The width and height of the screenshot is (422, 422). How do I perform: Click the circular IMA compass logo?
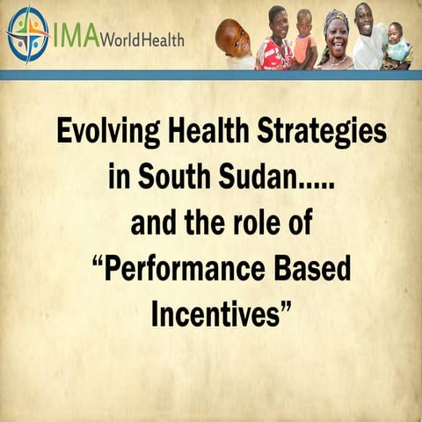(x=26, y=34)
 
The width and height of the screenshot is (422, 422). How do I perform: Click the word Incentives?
(x=214, y=314)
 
